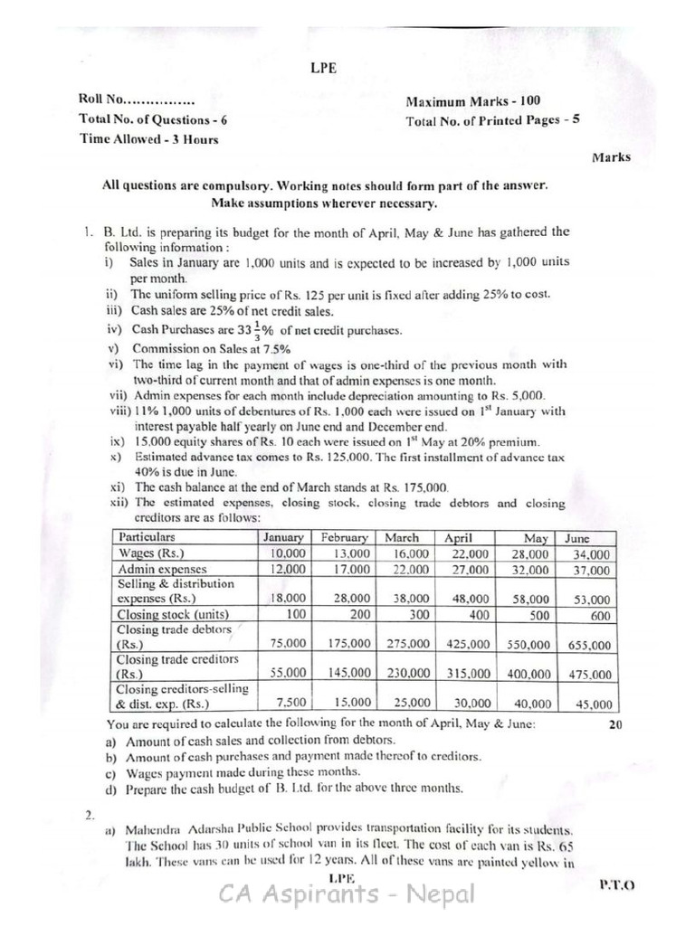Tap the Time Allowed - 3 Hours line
click(148, 139)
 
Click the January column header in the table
click(281, 536)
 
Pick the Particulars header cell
click(147, 536)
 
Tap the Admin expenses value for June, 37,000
click(589, 571)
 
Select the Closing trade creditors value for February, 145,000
click(347, 674)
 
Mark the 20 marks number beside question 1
click(615, 724)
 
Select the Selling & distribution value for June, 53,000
click(589, 598)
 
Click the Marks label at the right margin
click(612, 157)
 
